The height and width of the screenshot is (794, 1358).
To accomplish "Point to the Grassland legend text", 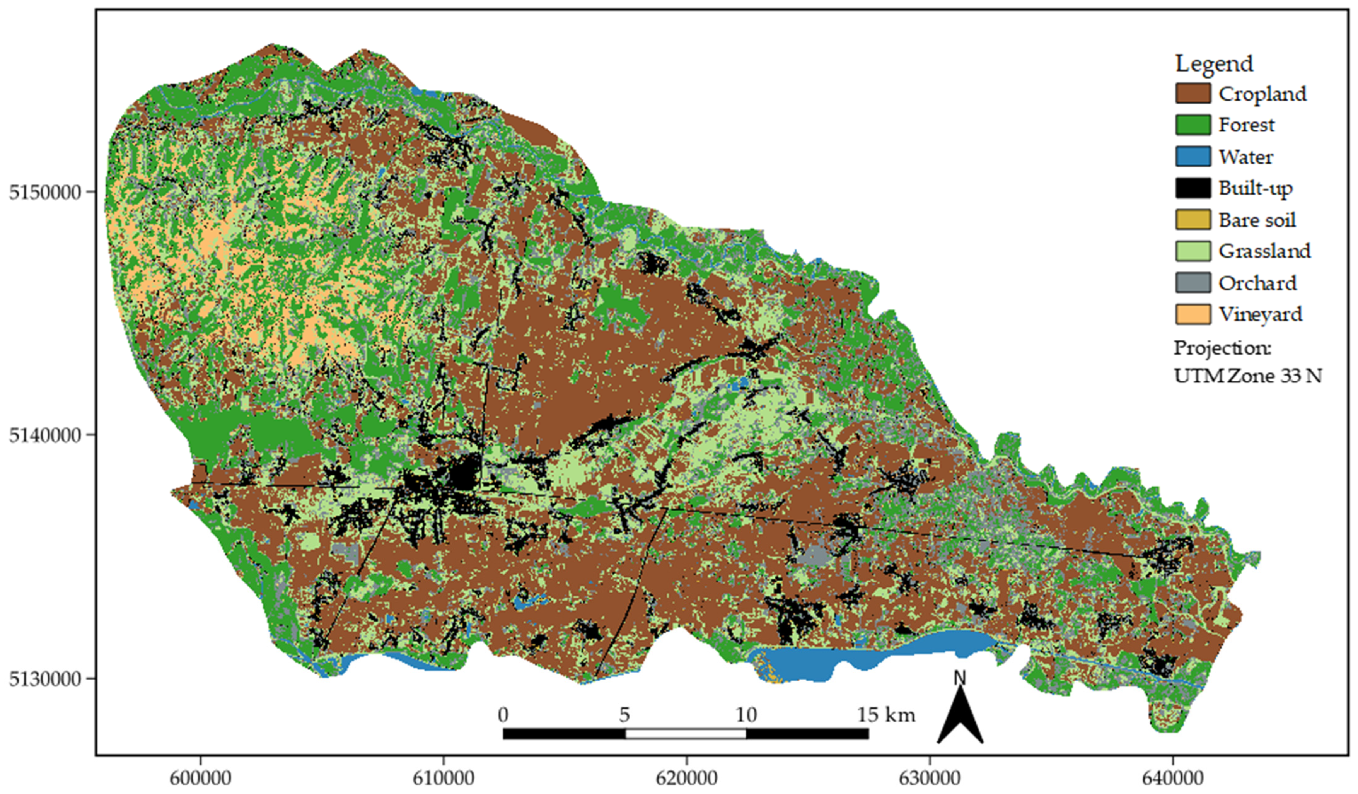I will [x=1264, y=251].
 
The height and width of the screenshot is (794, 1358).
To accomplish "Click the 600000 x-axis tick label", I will [x=200, y=778].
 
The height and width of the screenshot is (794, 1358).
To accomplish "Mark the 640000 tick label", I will [x=1173, y=778].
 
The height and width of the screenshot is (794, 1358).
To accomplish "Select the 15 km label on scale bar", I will [x=886, y=715].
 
